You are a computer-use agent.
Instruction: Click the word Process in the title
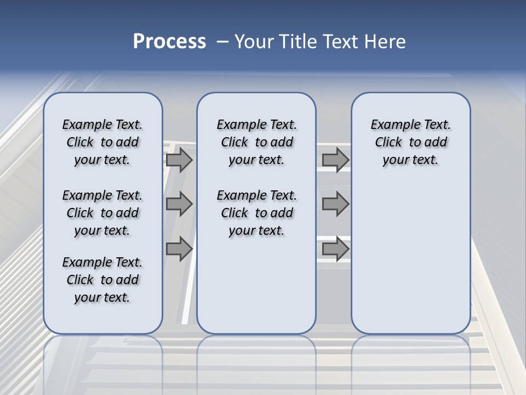point(169,42)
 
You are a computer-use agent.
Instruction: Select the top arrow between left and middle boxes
point(179,160)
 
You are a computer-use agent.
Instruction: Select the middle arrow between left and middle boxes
point(179,204)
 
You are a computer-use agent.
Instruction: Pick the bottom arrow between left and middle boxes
point(179,249)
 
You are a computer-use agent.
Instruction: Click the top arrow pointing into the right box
point(335,160)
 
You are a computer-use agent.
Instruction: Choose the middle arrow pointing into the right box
point(335,204)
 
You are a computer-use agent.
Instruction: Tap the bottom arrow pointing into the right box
point(335,249)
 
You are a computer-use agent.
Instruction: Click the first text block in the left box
point(102,142)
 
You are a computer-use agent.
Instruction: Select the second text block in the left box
point(102,213)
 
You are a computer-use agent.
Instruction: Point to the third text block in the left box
point(102,280)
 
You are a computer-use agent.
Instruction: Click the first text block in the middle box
point(256,142)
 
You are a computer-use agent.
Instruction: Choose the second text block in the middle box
point(256,213)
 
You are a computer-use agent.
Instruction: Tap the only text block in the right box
point(410,142)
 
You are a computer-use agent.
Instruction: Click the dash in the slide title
point(222,42)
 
